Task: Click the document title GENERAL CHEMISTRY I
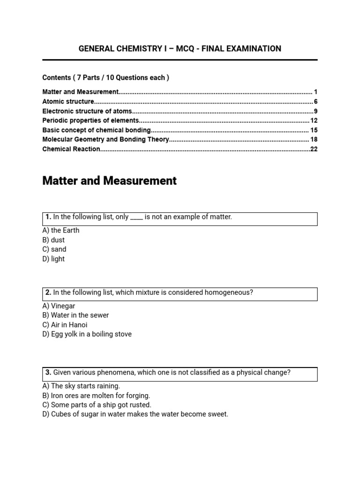coord(180,49)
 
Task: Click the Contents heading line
coord(105,77)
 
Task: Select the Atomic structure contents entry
coord(68,101)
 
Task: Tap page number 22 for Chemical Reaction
coord(314,149)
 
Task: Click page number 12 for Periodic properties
coord(314,120)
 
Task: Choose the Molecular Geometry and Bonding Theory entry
coord(105,139)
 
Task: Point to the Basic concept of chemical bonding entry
coord(97,130)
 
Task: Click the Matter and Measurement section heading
coord(109,181)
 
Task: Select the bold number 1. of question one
coord(48,217)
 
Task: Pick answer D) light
coord(53,259)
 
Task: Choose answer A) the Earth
coord(61,230)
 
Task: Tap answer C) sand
coord(54,249)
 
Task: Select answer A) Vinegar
coord(59,306)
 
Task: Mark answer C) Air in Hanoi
coord(65,324)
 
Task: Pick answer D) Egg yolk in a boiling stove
coord(87,334)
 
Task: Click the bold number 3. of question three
coord(48,372)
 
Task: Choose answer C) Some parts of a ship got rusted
coord(97,405)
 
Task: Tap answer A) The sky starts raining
coord(81,386)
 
